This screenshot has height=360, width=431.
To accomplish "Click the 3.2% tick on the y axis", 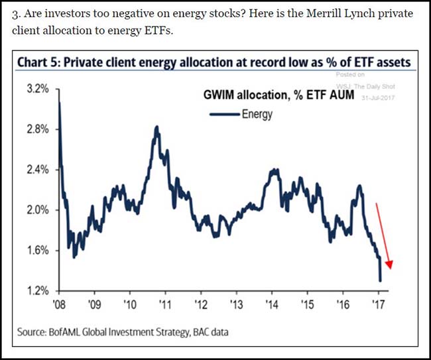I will pos(37,88).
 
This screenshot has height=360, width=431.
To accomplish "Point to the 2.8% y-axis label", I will pos(37,129).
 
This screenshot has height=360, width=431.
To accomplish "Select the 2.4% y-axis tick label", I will pos(37,169).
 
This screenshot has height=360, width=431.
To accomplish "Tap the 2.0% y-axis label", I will pos(37,210).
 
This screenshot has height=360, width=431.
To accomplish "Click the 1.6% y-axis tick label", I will pos(37,250).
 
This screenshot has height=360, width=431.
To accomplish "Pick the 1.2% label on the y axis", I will pos(37,290).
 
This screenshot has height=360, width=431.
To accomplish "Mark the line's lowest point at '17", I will pos(380,280).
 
